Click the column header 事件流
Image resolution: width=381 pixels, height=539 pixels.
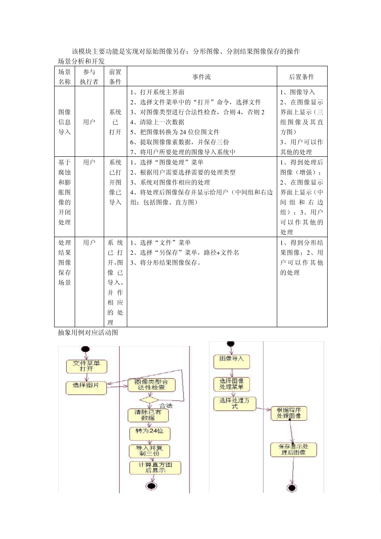pos(202,77)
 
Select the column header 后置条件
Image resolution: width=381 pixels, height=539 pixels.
pos(302,77)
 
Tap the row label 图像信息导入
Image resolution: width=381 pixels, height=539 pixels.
pos(65,122)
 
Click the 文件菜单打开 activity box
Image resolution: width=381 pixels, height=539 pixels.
pos(86,366)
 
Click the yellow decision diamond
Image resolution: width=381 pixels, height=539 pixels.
pos(149,400)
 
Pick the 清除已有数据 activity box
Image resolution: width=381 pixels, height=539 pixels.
pos(148,415)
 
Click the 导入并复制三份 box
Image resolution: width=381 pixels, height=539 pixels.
pos(149,450)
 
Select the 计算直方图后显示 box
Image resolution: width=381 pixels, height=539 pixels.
pos(155,468)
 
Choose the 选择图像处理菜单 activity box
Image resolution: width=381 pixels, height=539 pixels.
pos(231,384)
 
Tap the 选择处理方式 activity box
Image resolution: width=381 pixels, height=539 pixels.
pos(234,403)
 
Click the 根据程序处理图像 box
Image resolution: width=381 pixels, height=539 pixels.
pos(289,413)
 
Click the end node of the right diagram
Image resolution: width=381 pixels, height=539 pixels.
pos(292,488)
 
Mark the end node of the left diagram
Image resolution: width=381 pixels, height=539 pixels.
pos(152,486)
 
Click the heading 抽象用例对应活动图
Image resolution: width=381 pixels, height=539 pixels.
pos(88,332)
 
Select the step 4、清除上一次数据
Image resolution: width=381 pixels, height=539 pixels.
pos(157,122)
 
